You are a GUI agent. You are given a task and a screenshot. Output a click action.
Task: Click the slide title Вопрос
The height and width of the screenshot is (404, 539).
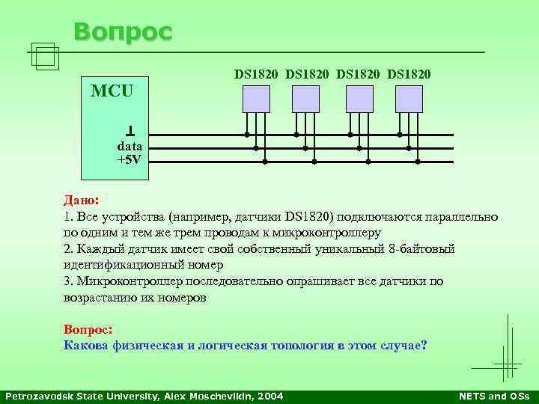click(x=123, y=32)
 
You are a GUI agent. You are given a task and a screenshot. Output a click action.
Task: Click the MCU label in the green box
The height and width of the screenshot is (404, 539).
click(x=112, y=92)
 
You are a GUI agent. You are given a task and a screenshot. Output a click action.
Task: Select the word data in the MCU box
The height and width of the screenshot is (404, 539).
click(x=130, y=147)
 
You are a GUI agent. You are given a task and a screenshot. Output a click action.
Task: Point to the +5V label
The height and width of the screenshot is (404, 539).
click(x=130, y=159)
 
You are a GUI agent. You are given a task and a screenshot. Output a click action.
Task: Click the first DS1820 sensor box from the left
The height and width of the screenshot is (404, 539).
click(x=256, y=99)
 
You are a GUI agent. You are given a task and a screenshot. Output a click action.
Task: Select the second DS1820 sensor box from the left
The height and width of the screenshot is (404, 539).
click(x=305, y=99)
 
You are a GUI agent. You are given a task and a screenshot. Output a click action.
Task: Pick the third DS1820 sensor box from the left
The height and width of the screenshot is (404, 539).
click(x=359, y=99)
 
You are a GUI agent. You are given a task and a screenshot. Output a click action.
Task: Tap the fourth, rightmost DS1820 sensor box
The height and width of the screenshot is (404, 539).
click(x=409, y=99)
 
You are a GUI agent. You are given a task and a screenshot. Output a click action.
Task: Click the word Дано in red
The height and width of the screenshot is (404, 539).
click(x=80, y=201)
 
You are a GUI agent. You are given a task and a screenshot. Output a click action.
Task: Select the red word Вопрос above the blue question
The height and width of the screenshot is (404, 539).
click(x=87, y=329)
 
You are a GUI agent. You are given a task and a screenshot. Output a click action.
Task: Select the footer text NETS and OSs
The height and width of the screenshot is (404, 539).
click(x=493, y=396)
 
